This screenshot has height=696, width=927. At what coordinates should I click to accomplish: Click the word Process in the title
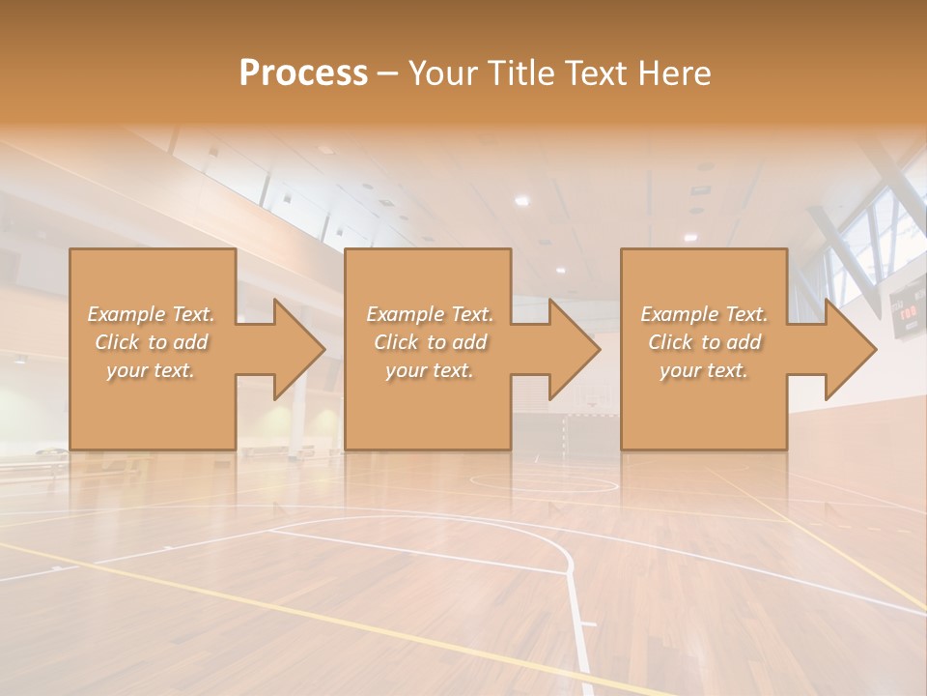click(x=303, y=73)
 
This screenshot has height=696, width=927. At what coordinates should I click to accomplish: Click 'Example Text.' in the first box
click(x=151, y=314)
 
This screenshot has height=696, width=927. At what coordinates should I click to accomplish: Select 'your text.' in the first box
click(x=151, y=370)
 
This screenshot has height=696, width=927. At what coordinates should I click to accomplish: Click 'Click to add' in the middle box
click(x=430, y=342)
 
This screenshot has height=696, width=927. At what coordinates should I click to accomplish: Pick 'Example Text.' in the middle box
click(x=430, y=314)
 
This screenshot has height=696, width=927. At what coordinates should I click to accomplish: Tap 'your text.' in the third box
click(x=704, y=370)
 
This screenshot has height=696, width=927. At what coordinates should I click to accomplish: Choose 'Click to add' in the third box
click(x=704, y=342)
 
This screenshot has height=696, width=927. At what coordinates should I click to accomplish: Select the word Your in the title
click(x=441, y=73)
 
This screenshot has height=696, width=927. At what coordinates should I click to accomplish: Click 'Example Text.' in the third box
click(x=704, y=314)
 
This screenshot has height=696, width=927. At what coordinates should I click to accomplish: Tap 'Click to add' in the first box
click(x=151, y=342)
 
